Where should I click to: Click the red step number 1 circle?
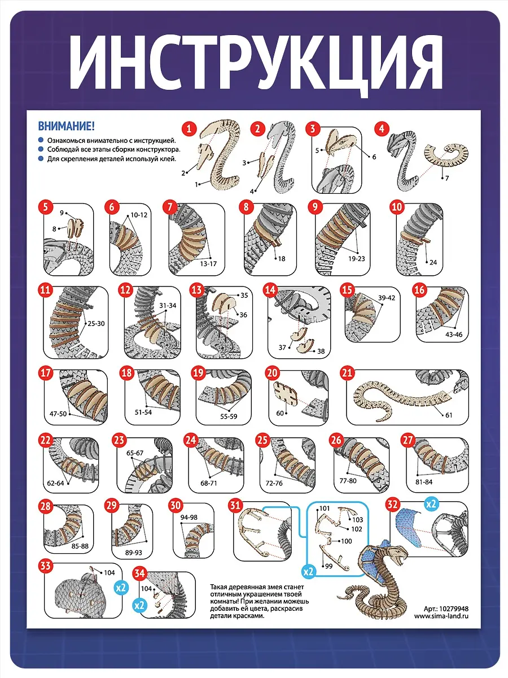[189, 128]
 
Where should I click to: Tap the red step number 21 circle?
[347, 373]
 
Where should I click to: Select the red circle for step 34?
[139, 573]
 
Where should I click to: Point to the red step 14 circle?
[270, 290]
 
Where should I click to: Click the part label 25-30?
[96, 324]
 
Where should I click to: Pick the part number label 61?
[449, 415]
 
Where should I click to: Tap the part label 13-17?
[208, 264]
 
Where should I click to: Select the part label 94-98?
[189, 518]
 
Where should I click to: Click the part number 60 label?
[280, 413]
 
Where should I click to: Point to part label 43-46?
[454, 334]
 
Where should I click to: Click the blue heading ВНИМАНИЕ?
[66, 127]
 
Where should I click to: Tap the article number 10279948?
[453, 609]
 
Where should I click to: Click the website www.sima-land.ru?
[441, 616]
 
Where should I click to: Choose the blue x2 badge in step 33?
[121, 587]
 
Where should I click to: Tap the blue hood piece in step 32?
[409, 528]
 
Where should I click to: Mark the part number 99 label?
[329, 566]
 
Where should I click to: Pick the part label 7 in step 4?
[447, 178]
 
